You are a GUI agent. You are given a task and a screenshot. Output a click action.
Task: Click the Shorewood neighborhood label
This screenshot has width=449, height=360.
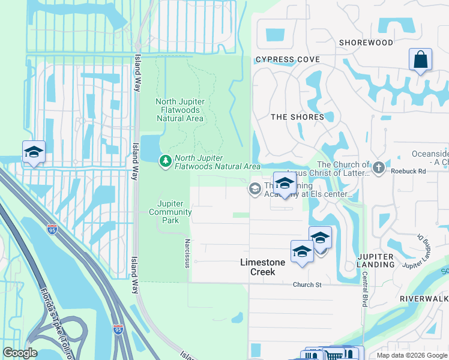[366, 43]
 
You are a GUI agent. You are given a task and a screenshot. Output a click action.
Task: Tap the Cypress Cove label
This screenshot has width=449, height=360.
[287, 60]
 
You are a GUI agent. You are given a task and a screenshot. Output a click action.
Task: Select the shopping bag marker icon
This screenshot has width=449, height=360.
[421, 60]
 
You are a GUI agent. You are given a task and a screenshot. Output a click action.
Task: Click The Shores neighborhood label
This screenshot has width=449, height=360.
[297, 117]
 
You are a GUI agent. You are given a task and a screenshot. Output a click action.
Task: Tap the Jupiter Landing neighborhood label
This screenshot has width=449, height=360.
[375, 260]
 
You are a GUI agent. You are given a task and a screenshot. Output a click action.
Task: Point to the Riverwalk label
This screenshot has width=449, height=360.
[424, 298]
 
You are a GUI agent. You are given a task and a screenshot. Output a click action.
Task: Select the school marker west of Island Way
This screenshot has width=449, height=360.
[34, 152]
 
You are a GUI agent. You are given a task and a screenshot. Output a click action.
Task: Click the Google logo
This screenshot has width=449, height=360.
[20, 353]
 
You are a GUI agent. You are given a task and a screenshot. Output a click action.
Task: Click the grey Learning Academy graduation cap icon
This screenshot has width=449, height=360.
[255, 190]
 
